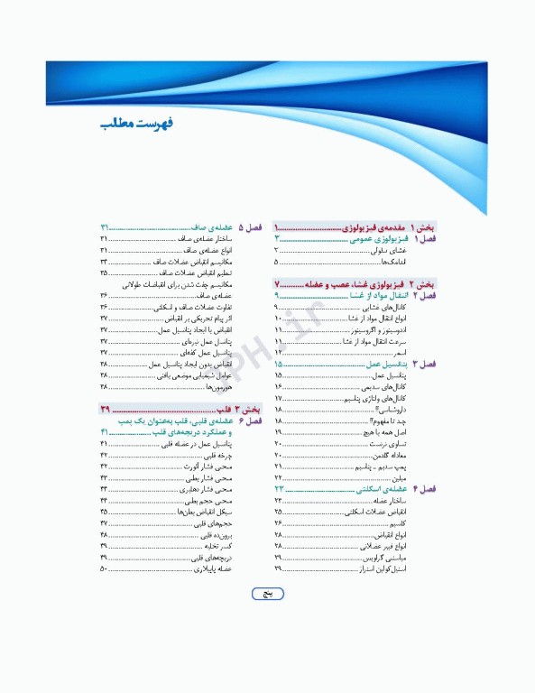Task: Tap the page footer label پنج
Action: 266,594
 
